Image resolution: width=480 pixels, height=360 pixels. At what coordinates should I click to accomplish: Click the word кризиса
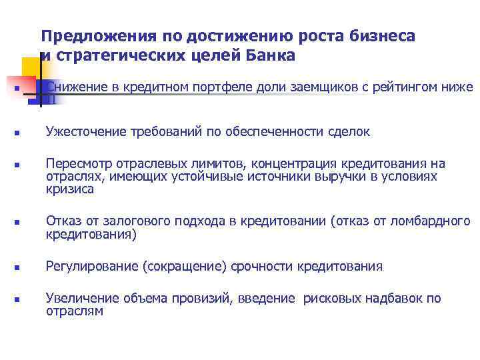pos(70,189)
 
